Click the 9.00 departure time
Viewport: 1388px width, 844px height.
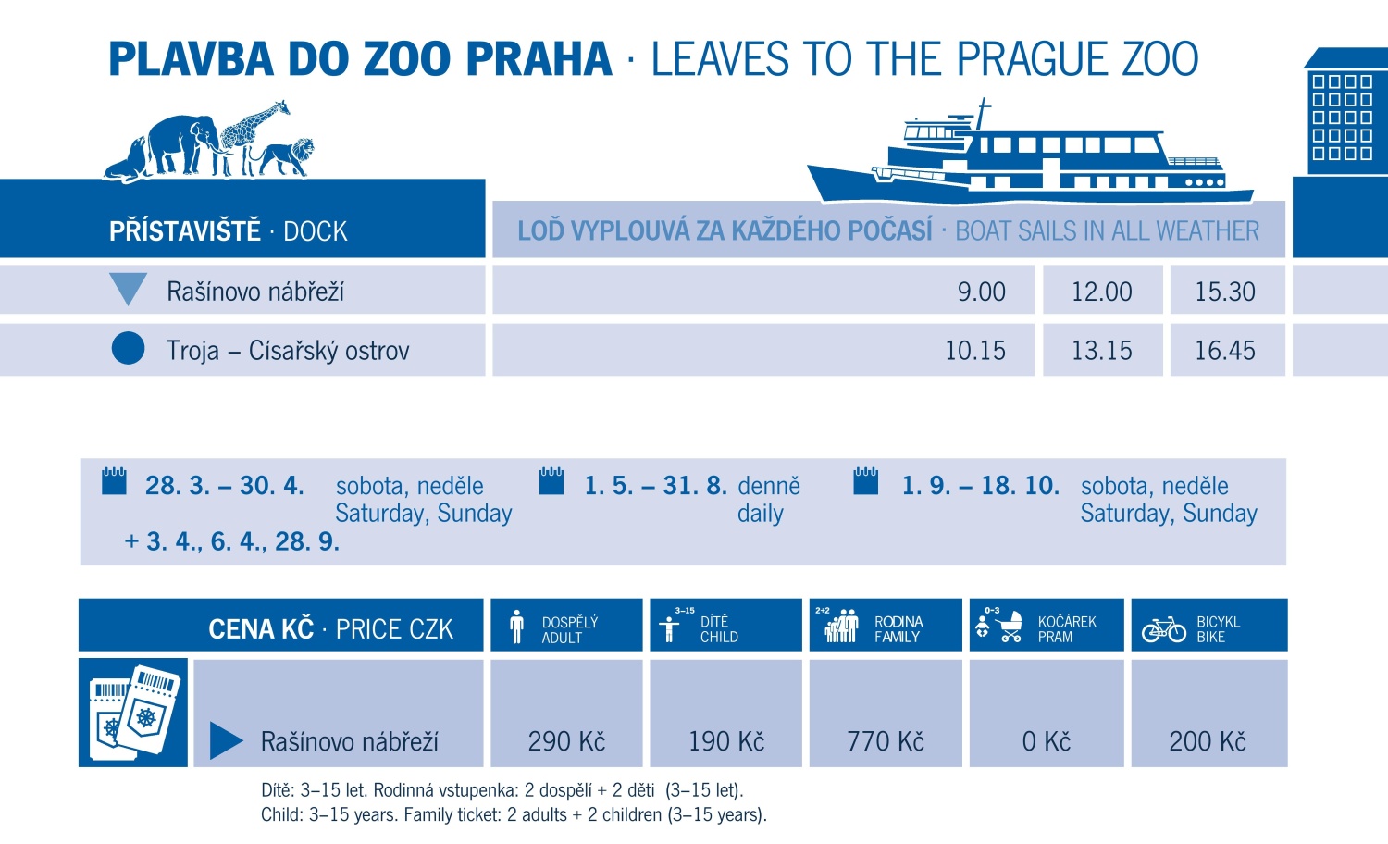coord(981,292)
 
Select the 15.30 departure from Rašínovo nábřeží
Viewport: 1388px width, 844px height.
coord(1224,292)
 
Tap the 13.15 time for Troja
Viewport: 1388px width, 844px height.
coord(1101,351)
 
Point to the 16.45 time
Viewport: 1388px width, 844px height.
coord(1224,351)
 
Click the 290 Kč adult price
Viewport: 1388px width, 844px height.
coord(566,741)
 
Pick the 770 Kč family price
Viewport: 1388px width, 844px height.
coord(886,741)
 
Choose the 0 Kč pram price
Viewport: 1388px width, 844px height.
coord(1046,741)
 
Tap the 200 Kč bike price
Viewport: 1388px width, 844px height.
coord(1207,741)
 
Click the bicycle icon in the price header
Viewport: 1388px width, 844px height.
coord(1163,629)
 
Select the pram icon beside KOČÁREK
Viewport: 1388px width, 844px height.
coord(1010,627)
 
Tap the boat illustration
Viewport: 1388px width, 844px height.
coord(1027,157)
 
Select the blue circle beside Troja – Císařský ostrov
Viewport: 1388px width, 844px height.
coord(128,348)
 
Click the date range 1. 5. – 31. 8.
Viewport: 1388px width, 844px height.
coord(655,486)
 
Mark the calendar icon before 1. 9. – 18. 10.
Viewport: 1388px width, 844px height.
coord(866,481)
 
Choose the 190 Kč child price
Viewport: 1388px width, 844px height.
coord(726,741)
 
